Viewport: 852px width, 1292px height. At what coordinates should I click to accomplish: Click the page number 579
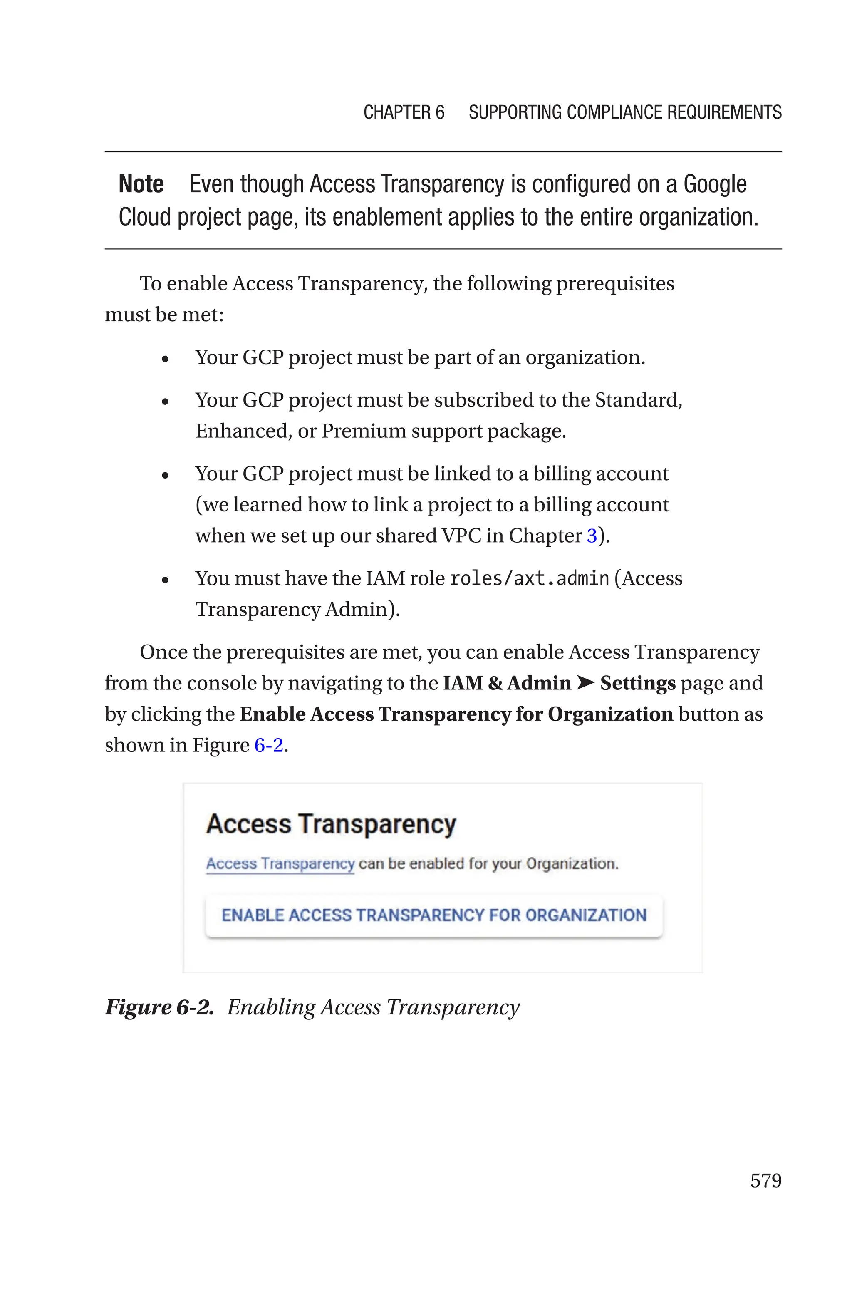765,1180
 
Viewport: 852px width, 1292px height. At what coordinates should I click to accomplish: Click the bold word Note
141,184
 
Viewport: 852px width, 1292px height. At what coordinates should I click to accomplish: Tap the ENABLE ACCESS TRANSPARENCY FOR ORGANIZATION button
433,915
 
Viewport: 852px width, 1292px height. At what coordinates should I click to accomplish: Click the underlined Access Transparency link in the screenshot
280,863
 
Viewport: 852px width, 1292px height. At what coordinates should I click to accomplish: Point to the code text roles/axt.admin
529,579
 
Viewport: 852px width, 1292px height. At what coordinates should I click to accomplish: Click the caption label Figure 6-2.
159,1007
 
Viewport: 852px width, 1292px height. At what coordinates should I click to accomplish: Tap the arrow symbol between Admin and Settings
585,683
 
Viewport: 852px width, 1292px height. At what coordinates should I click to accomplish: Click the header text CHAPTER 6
404,112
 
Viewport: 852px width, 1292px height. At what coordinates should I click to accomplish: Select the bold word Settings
637,683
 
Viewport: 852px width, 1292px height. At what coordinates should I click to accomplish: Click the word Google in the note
715,184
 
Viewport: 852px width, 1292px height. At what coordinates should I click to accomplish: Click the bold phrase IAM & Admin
506,683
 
